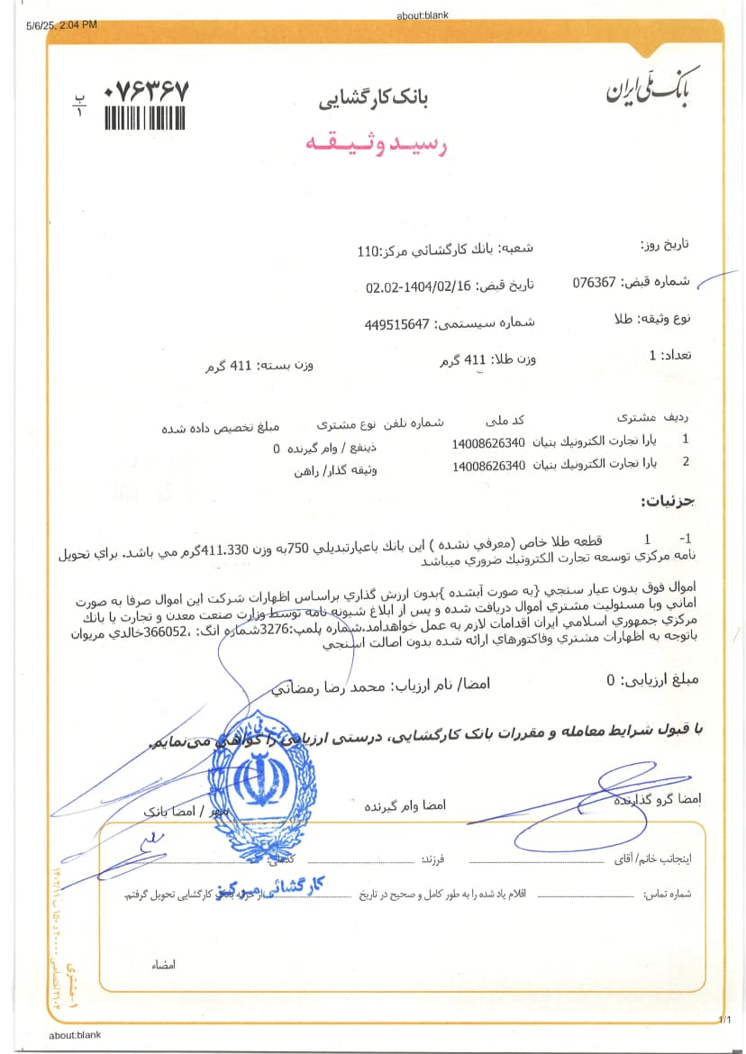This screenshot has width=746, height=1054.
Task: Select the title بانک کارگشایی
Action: (373, 98)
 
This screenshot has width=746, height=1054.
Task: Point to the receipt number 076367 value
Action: (594, 281)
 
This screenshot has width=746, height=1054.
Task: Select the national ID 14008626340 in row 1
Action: (488, 443)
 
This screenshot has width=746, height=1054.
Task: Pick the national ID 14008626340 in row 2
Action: (488, 466)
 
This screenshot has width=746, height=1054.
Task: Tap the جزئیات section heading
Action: (668, 500)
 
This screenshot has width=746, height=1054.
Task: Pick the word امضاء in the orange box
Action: (163, 965)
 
